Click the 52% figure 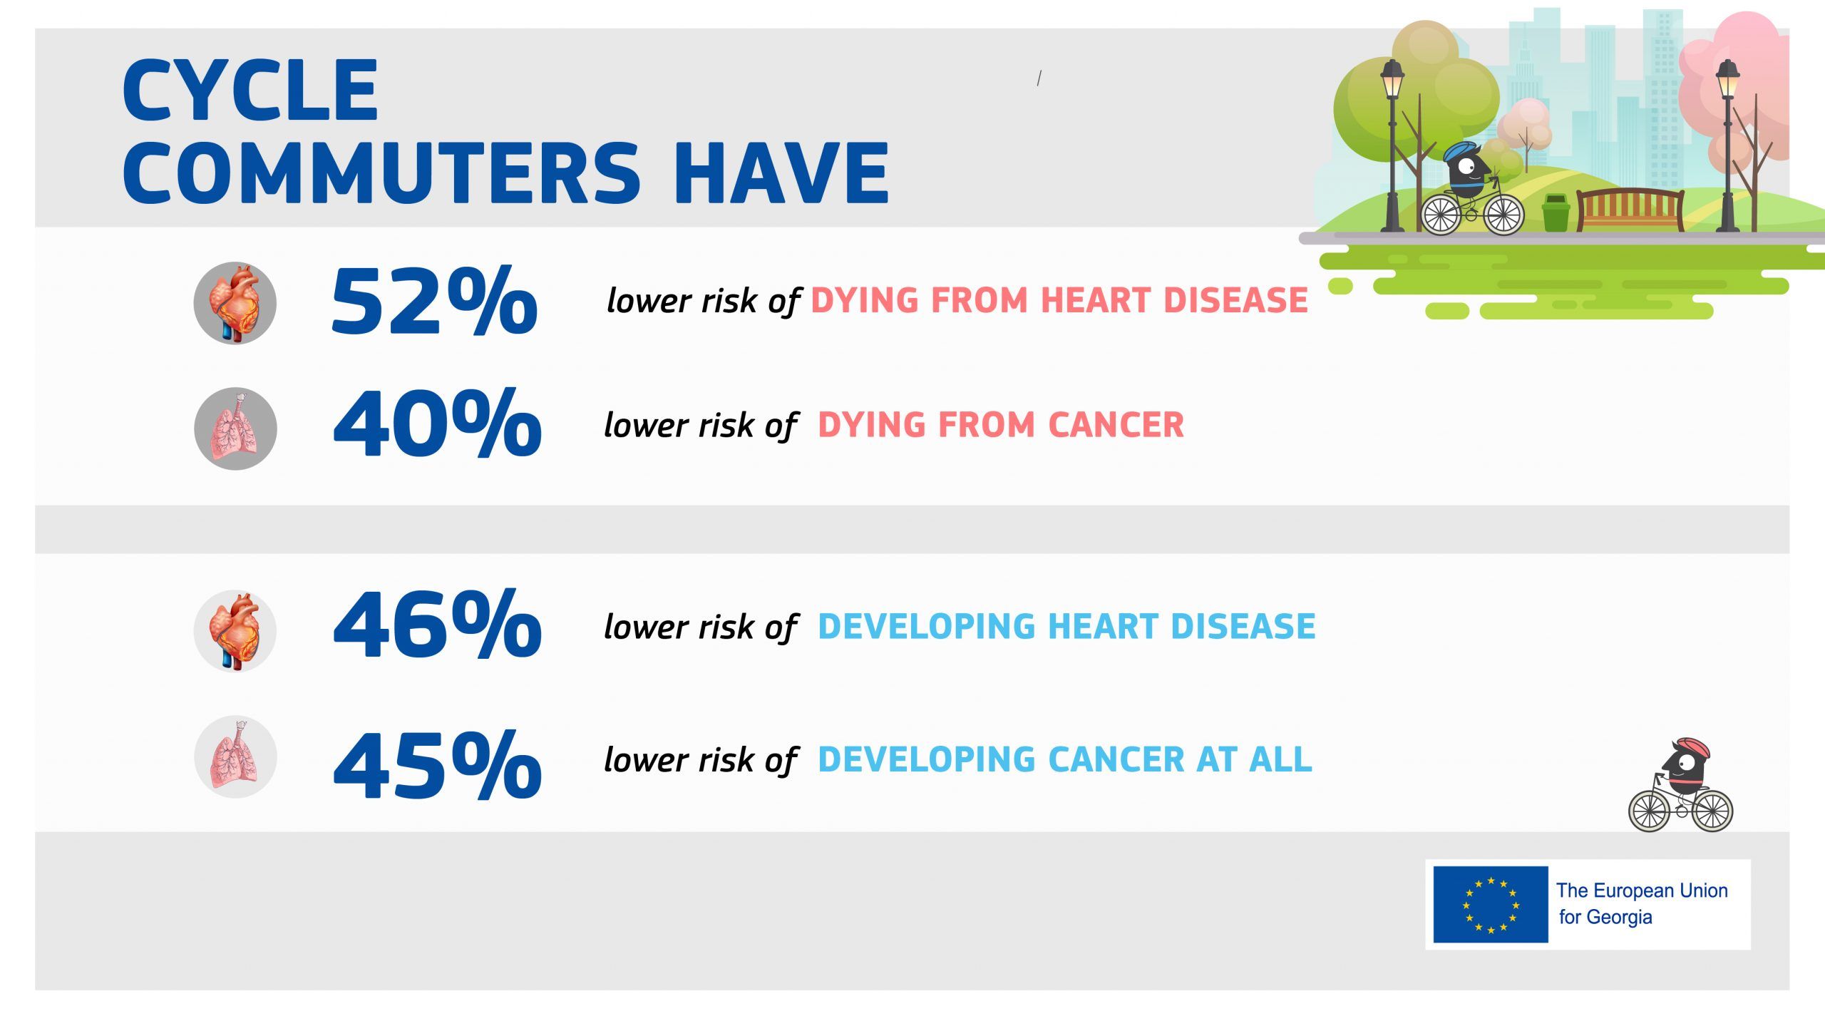[x=434, y=301]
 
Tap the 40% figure [x=437, y=424]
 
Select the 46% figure [x=437, y=625]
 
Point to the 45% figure [x=437, y=765]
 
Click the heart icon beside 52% [x=235, y=303]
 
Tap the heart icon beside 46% [x=235, y=631]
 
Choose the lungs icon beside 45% [x=235, y=756]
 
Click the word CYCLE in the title [x=250, y=91]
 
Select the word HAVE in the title [x=782, y=173]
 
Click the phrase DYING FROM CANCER [x=1001, y=425]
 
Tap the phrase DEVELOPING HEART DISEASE [x=1066, y=626]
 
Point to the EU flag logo [x=1491, y=904]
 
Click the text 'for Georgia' [x=1605, y=917]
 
